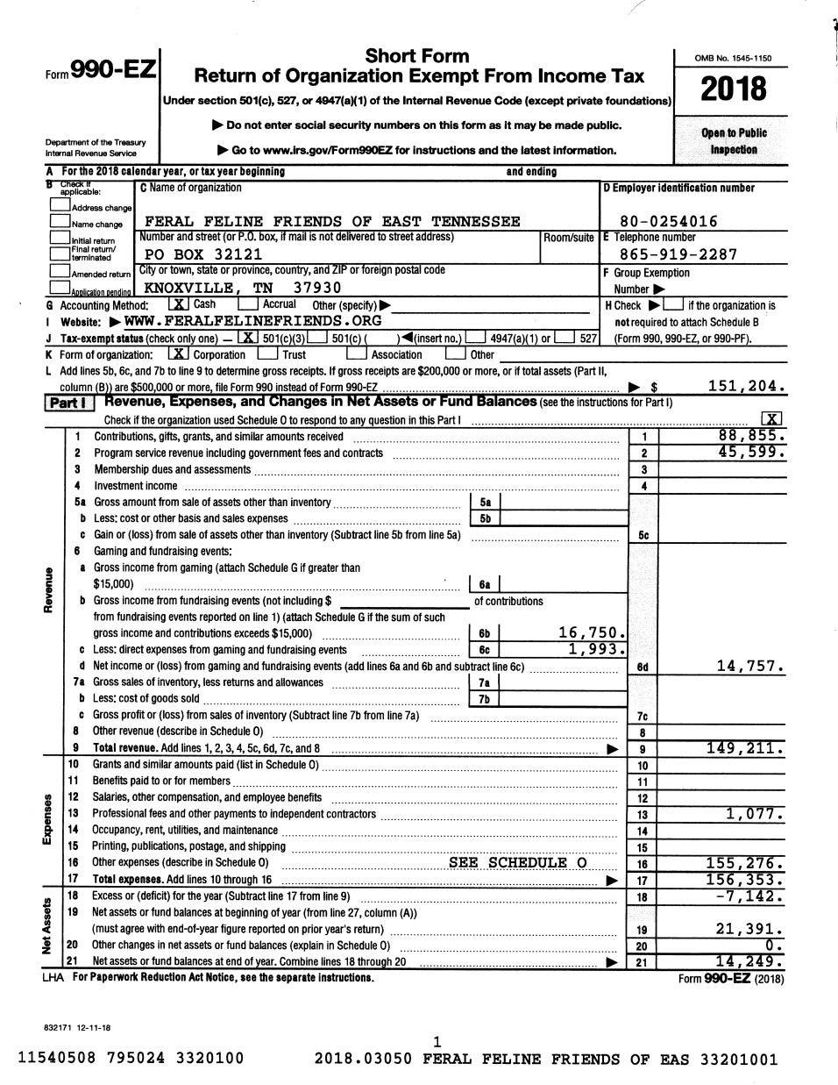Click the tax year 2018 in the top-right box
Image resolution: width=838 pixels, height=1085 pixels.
tap(734, 89)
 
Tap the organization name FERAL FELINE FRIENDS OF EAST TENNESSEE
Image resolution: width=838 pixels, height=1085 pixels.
tap(331, 221)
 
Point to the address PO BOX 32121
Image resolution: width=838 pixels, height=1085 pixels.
tap(202, 254)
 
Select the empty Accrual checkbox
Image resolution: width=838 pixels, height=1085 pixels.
tap(248, 304)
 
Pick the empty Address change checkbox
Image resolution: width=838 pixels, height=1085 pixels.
tap(60, 205)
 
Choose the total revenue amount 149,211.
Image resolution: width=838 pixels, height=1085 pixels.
tap(745, 748)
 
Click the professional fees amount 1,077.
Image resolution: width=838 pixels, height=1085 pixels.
tap(755, 814)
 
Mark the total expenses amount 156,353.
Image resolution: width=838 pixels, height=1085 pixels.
tap(745, 880)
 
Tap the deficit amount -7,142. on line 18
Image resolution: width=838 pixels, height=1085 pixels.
tap(749, 896)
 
